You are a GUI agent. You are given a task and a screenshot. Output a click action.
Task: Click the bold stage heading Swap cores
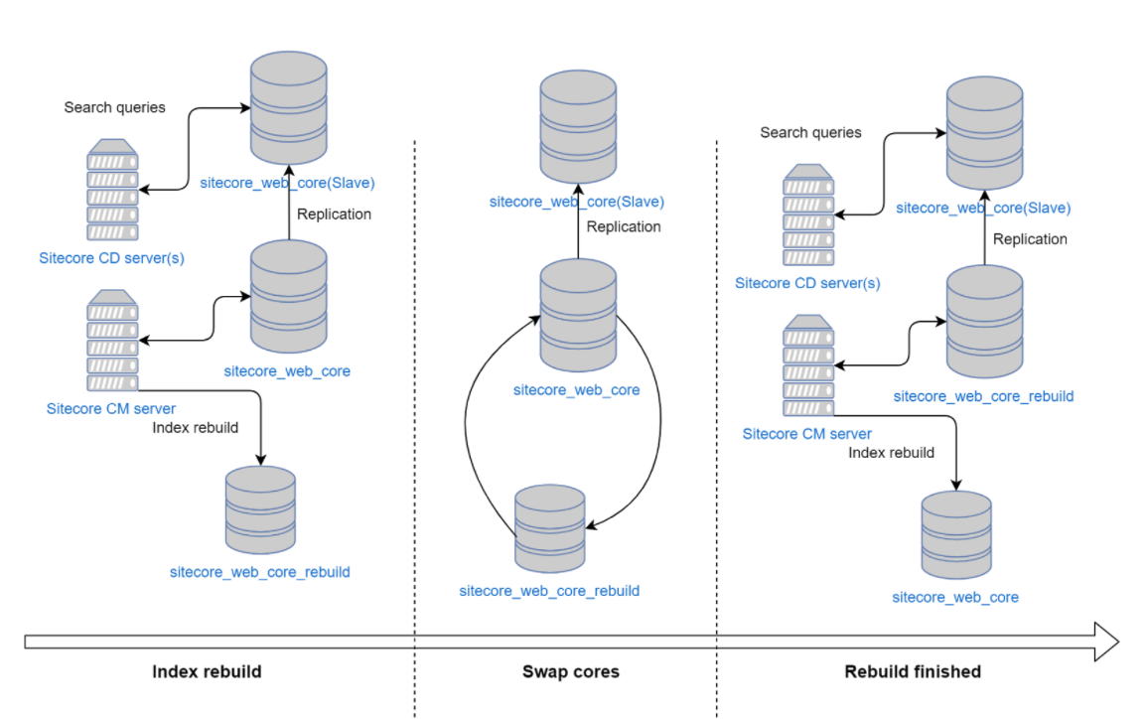coord(570,672)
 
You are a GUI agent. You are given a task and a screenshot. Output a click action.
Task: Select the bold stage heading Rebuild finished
coord(912,672)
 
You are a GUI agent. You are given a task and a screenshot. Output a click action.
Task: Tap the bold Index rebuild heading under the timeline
coord(207,672)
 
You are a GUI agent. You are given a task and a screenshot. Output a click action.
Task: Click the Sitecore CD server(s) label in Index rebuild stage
coord(111,258)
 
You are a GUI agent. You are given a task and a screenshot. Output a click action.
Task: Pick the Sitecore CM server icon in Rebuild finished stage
coord(808,365)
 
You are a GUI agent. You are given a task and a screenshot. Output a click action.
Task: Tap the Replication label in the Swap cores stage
coord(623,226)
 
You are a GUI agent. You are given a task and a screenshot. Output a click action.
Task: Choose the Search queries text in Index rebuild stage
coord(114,107)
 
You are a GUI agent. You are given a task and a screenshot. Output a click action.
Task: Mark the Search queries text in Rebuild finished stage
coord(810,132)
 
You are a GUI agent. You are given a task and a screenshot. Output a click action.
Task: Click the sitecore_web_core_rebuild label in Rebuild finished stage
coord(983,396)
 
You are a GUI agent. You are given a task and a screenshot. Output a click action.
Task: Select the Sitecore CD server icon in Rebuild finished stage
coord(808,216)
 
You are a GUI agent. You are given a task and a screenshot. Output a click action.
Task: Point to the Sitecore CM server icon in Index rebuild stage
coord(112,341)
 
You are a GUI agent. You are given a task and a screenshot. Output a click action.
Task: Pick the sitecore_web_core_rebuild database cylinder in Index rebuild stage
coord(260,509)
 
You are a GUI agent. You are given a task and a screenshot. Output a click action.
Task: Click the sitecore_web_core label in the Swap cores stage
coord(576,390)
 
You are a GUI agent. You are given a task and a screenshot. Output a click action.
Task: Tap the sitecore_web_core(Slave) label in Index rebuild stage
coord(287,183)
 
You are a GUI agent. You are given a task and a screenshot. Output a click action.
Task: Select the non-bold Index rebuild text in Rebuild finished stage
coord(891,453)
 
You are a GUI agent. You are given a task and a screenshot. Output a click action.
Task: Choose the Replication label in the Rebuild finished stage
coord(1030,239)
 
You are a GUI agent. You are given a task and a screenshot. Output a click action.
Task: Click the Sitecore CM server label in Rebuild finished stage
coord(806,434)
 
